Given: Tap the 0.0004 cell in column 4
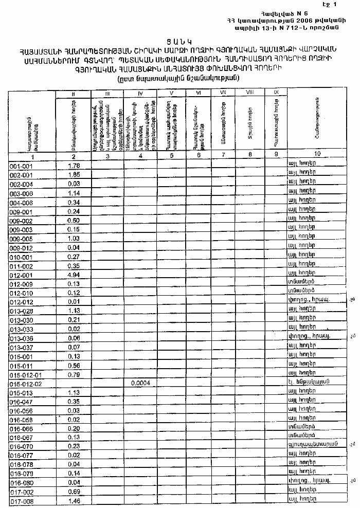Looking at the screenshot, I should pos(140,383).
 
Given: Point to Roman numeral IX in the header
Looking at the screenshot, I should pos(276,92).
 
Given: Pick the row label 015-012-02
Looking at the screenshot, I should pos(26,384).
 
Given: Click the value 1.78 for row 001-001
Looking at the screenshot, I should pos(74,165).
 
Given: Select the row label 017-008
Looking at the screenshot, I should pos(22,501).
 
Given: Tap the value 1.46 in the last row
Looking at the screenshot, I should pos(74,500).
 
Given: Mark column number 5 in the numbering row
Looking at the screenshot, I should pos(172,156).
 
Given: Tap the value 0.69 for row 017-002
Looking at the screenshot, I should pos(74,492).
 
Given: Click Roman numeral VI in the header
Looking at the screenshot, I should pos(199,93).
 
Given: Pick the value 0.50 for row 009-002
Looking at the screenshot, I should pos(74,220).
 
